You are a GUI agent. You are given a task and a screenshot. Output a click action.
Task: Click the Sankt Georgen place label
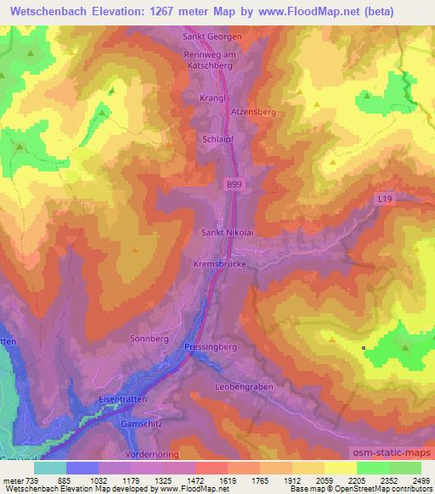[214, 37]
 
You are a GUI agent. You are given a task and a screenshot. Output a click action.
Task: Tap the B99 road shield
[234, 184]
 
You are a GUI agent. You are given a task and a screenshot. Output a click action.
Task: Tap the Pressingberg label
[212, 347]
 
